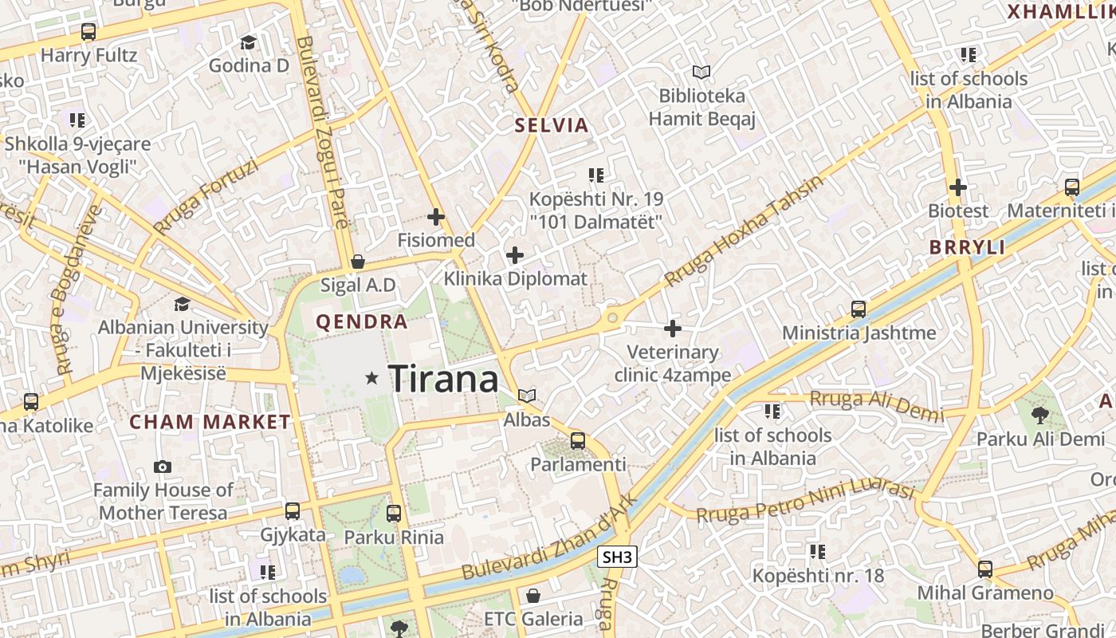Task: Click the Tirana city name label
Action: click(x=443, y=378)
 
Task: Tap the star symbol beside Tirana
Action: click(x=371, y=378)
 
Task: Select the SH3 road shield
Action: click(x=618, y=557)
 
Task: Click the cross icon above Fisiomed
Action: click(x=436, y=216)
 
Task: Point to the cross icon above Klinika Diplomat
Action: click(x=515, y=255)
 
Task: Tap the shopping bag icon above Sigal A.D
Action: click(x=358, y=262)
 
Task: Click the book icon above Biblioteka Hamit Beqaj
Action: click(x=701, y=73)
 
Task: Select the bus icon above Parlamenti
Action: click(x=578, y=440)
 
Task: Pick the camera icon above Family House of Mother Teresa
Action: click(x=163, y=467)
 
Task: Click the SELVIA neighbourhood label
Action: click(x=552, y=125)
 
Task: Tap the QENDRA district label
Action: click(x=362, y=322)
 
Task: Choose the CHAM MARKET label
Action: click(x=210, y=422)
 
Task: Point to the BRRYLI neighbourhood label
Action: click(x=967, y=247)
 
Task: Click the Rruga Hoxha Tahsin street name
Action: click(x=744, y=231)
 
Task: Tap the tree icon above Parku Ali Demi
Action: click(x=1039, y=415)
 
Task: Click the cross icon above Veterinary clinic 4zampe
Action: click(x=673, y=328)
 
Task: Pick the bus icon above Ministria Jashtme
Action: click(x=859, y=309)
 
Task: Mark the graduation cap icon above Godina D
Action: click(x=249, y=42)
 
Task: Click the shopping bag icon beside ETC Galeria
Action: click(x=532, y=595)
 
